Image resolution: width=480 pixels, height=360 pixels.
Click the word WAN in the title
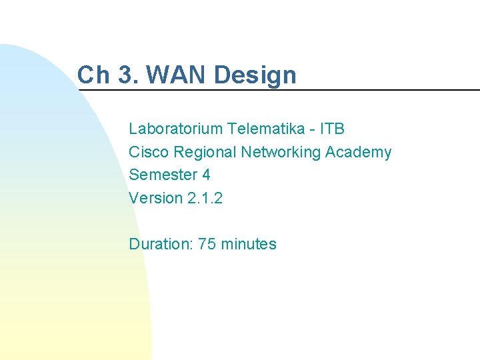(178, 75)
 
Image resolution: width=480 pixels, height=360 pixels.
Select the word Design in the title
(255, 75)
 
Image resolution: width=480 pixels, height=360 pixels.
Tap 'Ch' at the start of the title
(93, 75)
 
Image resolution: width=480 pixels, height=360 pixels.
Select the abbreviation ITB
(332, 129)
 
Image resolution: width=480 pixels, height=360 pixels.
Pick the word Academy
(358, 152)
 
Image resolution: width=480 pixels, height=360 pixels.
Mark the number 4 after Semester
(206, 175)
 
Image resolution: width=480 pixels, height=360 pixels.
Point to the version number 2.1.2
(205, 198)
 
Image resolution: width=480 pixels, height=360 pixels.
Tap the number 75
(207, 244)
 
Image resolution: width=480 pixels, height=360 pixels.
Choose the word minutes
(248, 244)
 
